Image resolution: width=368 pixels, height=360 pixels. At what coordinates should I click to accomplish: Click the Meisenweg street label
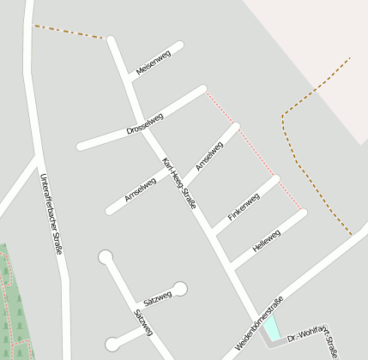click(x=154, y=63)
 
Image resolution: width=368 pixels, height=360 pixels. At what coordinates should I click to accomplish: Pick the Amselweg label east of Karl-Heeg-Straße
click(x=209, y=156)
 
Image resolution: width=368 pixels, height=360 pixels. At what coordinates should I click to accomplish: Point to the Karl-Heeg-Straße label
click(x=179, y=183)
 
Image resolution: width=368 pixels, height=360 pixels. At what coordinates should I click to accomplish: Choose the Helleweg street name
click(x=267, y=239)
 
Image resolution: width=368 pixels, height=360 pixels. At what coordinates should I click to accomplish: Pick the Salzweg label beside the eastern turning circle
click(x=158, y=297)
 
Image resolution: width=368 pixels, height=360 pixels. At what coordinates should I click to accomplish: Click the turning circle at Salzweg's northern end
click(x=106, y=256)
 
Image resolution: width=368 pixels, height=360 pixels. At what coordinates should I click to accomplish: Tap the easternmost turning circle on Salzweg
click(x=180, y=288)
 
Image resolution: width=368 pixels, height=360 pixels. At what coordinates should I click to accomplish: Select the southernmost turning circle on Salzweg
click(x=112, y=345)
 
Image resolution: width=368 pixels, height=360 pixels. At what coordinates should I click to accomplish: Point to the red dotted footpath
click(x=253, y=151)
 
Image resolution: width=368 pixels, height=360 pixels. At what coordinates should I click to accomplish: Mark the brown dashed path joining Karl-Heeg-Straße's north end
click(x=69, y=32)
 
